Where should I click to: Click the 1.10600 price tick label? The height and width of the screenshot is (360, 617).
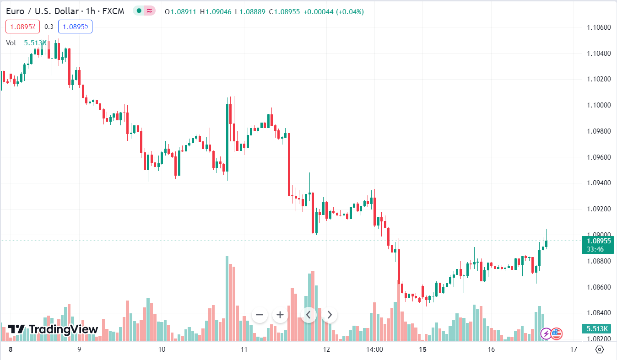[x=599, y=27]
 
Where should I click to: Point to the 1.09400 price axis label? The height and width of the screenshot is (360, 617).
[x=599, y=183]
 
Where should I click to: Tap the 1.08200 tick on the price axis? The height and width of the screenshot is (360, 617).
[x=599, y=339]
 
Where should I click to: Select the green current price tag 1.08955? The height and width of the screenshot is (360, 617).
[x=598, y=241]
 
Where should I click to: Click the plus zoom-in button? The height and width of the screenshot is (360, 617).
[x=280, y=315]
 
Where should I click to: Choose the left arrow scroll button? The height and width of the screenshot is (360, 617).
[x=308, y=315]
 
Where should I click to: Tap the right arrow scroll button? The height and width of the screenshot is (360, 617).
[x=330, y=315]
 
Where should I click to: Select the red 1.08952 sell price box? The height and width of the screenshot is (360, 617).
[x=23, y=27]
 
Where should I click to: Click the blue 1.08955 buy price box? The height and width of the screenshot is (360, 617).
[x=75, y=27]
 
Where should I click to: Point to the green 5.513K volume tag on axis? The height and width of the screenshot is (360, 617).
[x=598, y=329]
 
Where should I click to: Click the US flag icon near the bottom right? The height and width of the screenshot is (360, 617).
[x=557, y=333]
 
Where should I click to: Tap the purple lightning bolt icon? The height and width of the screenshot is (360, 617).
[x=546, y=333]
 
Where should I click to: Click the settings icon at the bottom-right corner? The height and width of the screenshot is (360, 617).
[x=600, y=350]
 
